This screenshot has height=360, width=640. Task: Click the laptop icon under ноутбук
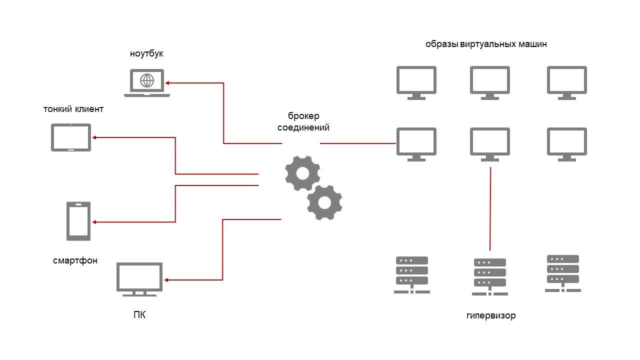pos(146,83)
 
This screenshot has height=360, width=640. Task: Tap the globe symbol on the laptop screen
pos(146,79)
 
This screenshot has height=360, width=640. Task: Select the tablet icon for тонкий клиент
pos(71,137)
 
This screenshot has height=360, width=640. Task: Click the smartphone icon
pos(78,221)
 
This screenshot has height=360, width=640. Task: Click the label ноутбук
pos(146,53)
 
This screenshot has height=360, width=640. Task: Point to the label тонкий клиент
pos(73,109)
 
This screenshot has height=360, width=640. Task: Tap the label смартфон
pos(75,260)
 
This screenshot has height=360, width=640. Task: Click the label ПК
pos(139,315)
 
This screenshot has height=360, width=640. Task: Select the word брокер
pos(303,116)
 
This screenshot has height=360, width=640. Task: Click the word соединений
pos(303,127)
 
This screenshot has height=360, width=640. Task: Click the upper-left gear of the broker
pos(302,173)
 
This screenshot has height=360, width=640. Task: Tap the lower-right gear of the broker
pos(324,202)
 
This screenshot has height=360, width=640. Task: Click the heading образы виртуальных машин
pos(486,44)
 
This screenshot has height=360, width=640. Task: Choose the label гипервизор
pos(490,316)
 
